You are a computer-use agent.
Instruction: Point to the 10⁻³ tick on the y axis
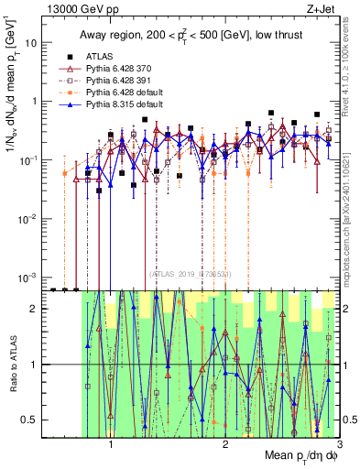click(x=31, y=277)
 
